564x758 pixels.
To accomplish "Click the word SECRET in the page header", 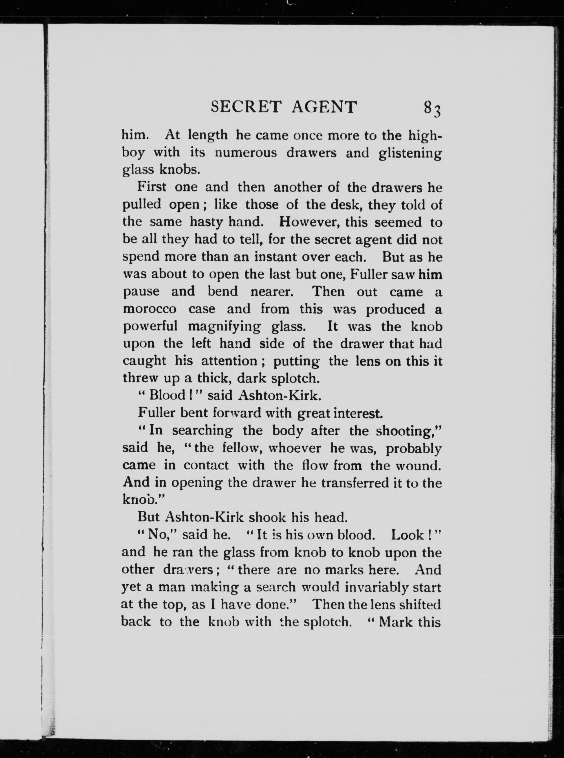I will click(246, 107).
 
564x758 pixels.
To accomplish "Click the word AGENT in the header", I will click(324, 107).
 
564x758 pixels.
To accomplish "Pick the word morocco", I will click(149, 309).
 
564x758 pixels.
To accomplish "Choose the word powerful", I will click(150, 327).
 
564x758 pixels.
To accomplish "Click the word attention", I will click(228, 361).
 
